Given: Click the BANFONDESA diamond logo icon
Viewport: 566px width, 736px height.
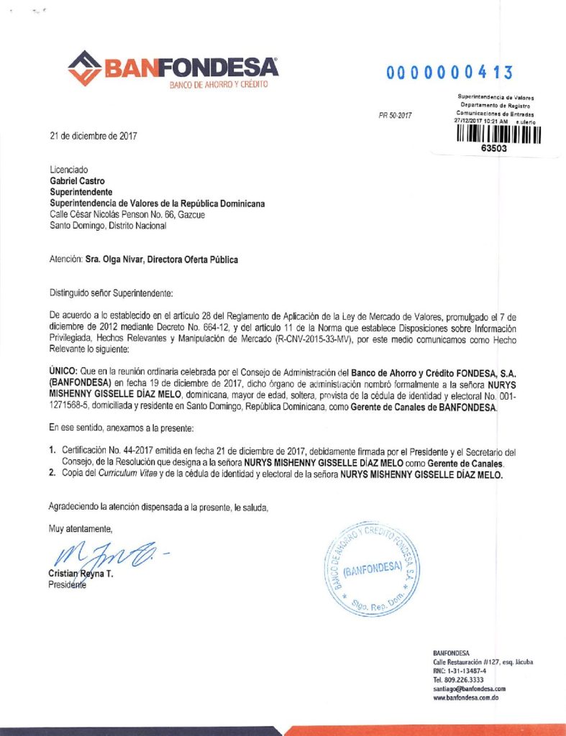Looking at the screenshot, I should click(x=85, y=68).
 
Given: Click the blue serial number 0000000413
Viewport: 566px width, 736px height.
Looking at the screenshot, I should click(x=449, y=73).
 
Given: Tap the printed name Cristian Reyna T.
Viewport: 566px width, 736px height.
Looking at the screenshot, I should click(x=81, y=574).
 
